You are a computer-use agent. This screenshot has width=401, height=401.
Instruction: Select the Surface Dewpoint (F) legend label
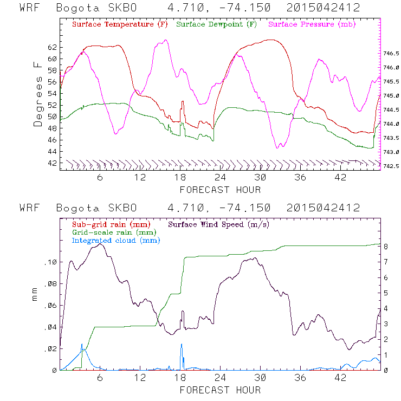tap(216, 25)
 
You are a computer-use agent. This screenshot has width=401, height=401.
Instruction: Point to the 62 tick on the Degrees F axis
tap(52, 47)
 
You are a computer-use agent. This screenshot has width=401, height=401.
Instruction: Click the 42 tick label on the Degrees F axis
tap(52, 163)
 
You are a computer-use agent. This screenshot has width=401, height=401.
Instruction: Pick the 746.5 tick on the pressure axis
tap(391, 54)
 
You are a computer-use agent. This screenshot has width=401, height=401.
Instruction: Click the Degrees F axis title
tap(38, 94)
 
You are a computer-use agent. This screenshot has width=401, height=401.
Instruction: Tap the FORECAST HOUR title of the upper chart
tap(220, 190)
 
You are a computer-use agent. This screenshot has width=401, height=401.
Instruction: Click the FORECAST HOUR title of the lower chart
tap(220, 390)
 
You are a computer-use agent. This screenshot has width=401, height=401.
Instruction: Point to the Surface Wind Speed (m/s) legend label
tap(219, 224)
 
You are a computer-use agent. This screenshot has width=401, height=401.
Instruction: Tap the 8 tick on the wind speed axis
tap(385, 247)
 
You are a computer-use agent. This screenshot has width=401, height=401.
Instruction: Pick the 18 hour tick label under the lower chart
tap(180, 378)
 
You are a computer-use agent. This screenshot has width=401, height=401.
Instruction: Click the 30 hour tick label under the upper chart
tap(261, 178)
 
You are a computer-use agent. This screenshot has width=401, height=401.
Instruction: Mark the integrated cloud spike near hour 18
tap(182, 345)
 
